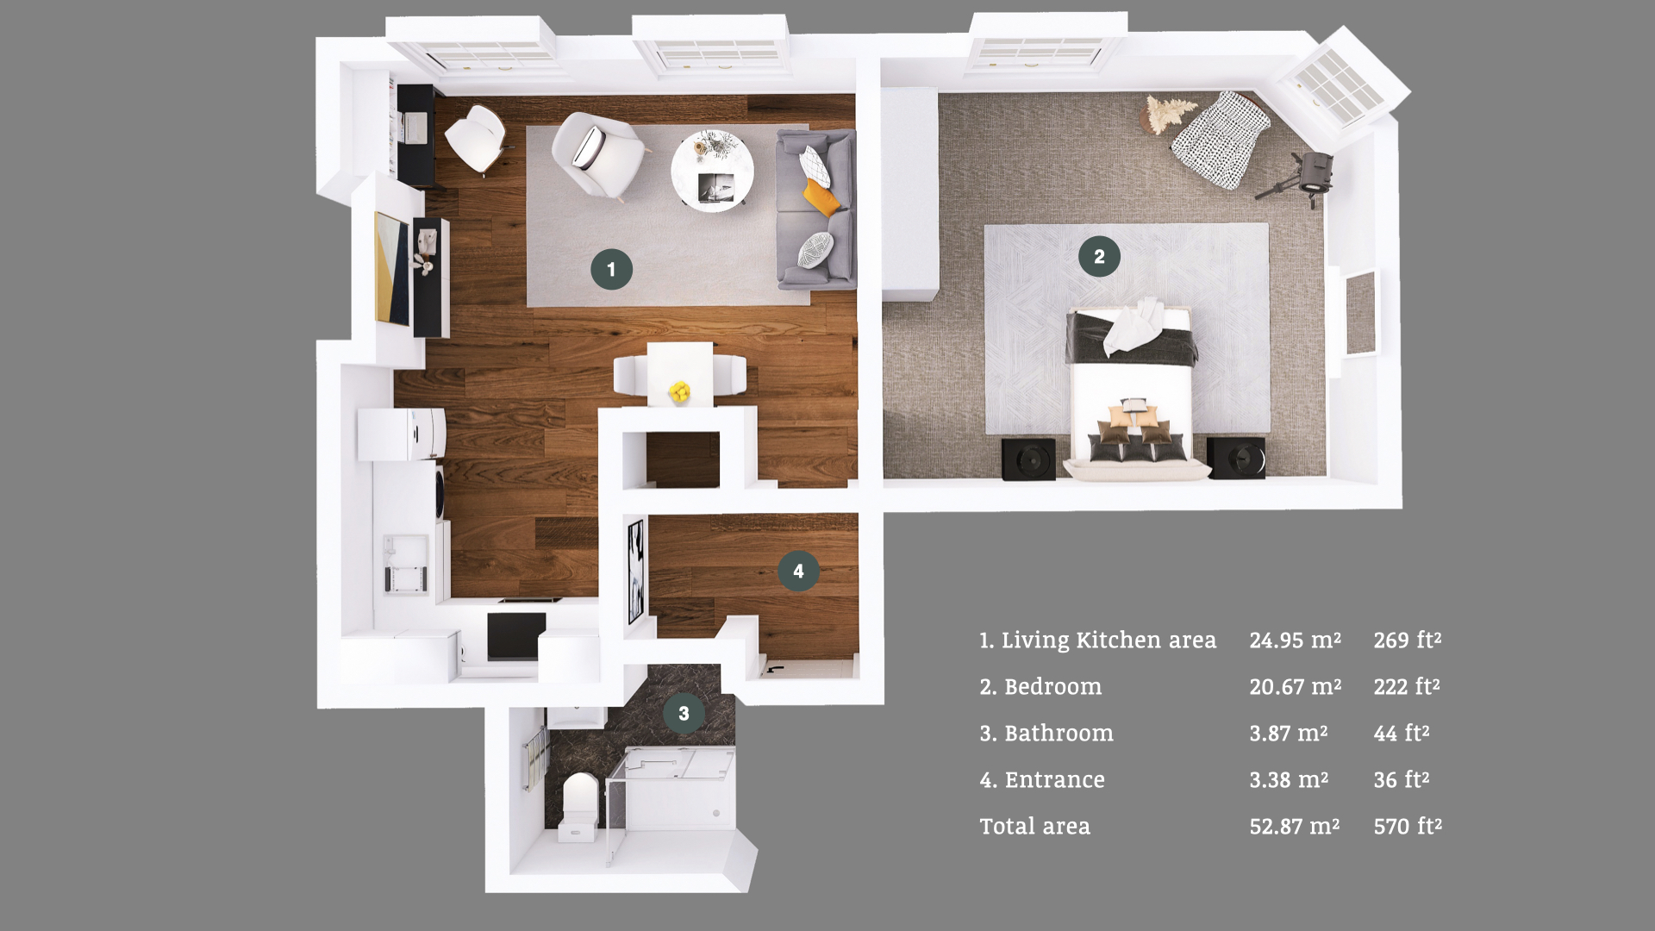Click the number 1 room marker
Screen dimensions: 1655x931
(x=611, y=269)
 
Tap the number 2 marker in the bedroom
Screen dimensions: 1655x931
(x=1099, y=256)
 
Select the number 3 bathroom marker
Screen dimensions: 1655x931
(x=684, y=713)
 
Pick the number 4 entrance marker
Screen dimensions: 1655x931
(x=798, y=571)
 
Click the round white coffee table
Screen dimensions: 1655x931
(x=712, y=170)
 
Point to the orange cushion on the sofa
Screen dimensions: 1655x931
(x=821, y=197)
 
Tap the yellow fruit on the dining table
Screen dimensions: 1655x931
(x=680, y=392)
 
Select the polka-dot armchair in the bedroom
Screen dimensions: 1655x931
(x=1221, y=139)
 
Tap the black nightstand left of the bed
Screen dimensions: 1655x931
(x=1028, y=459)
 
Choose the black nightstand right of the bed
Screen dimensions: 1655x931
(x=1236, y=457)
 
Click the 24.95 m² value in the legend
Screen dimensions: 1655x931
(x=1295, y=640)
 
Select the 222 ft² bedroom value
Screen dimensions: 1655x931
(x=1407, y=686)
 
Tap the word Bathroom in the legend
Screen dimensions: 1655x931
(x=1059, y=733)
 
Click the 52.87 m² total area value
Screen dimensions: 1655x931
(x=1295, y=826)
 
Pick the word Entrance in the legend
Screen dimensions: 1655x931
(x=1054, y=779)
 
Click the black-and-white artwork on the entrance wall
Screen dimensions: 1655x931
(x=635, y=570)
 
